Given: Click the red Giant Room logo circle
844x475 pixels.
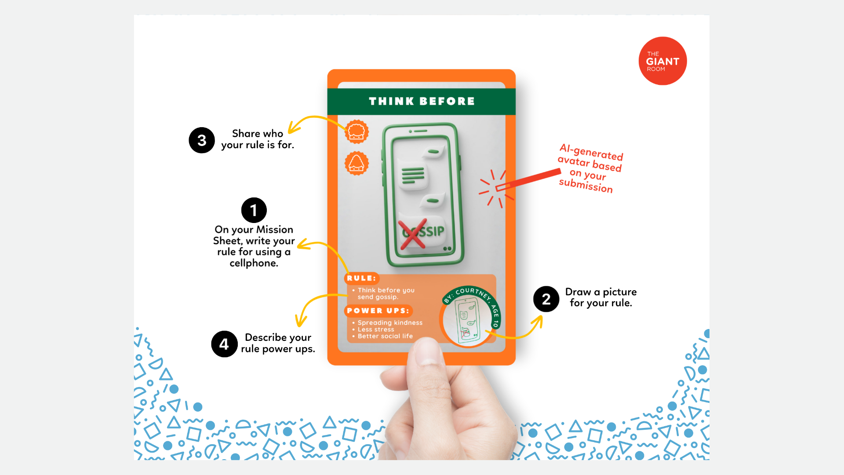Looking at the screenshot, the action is click(x=662, y=61).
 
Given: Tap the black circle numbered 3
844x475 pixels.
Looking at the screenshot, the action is click(x=202, y=140).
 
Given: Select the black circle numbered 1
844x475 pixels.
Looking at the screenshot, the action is click(x=254, y=210).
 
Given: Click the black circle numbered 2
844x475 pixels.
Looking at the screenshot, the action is click(x=546, y=299).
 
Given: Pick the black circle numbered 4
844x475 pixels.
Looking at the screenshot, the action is click(x=224, y=344).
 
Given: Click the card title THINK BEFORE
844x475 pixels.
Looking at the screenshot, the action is click(x=422, y=101).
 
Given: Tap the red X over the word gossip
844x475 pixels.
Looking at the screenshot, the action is click(x=412, y=234).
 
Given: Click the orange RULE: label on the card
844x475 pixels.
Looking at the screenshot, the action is click(x=361, y=278).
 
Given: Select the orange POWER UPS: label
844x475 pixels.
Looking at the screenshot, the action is click(x=378, y=311).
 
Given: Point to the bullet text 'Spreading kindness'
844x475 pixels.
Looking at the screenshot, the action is click(x=390, y=322).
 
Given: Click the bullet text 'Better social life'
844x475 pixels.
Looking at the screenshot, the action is click(x=385, y=336).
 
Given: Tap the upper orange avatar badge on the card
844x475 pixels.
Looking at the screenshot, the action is click(x=357, y=132).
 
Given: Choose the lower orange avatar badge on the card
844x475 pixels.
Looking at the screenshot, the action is click(x=357, y=163).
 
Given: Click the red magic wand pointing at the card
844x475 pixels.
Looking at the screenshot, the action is click(x=528, y=180).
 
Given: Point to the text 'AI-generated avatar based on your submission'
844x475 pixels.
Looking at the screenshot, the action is click(x=590, y=168).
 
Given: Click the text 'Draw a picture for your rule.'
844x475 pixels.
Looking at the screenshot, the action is click(x=601, y=297).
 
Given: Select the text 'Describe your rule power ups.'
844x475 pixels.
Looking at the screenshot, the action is click(x=278, y=343).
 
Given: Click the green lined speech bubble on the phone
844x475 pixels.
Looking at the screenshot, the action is click(x=413, y=176).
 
